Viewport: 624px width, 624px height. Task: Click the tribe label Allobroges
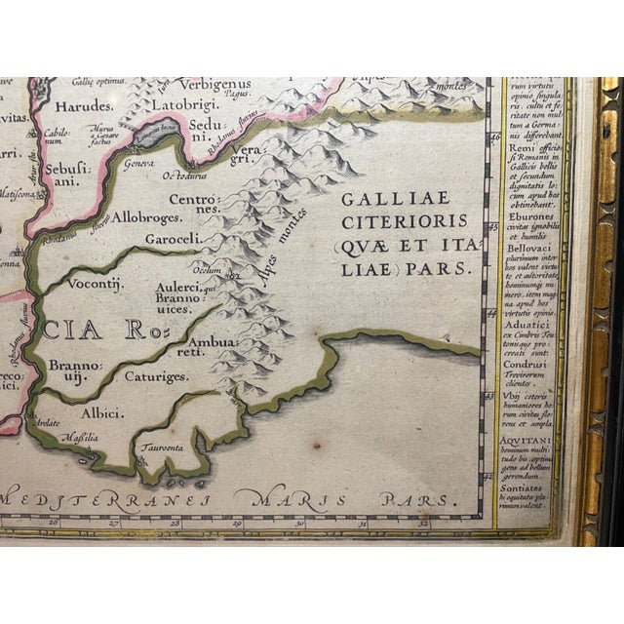pyautogui.click(x=143, y=217)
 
